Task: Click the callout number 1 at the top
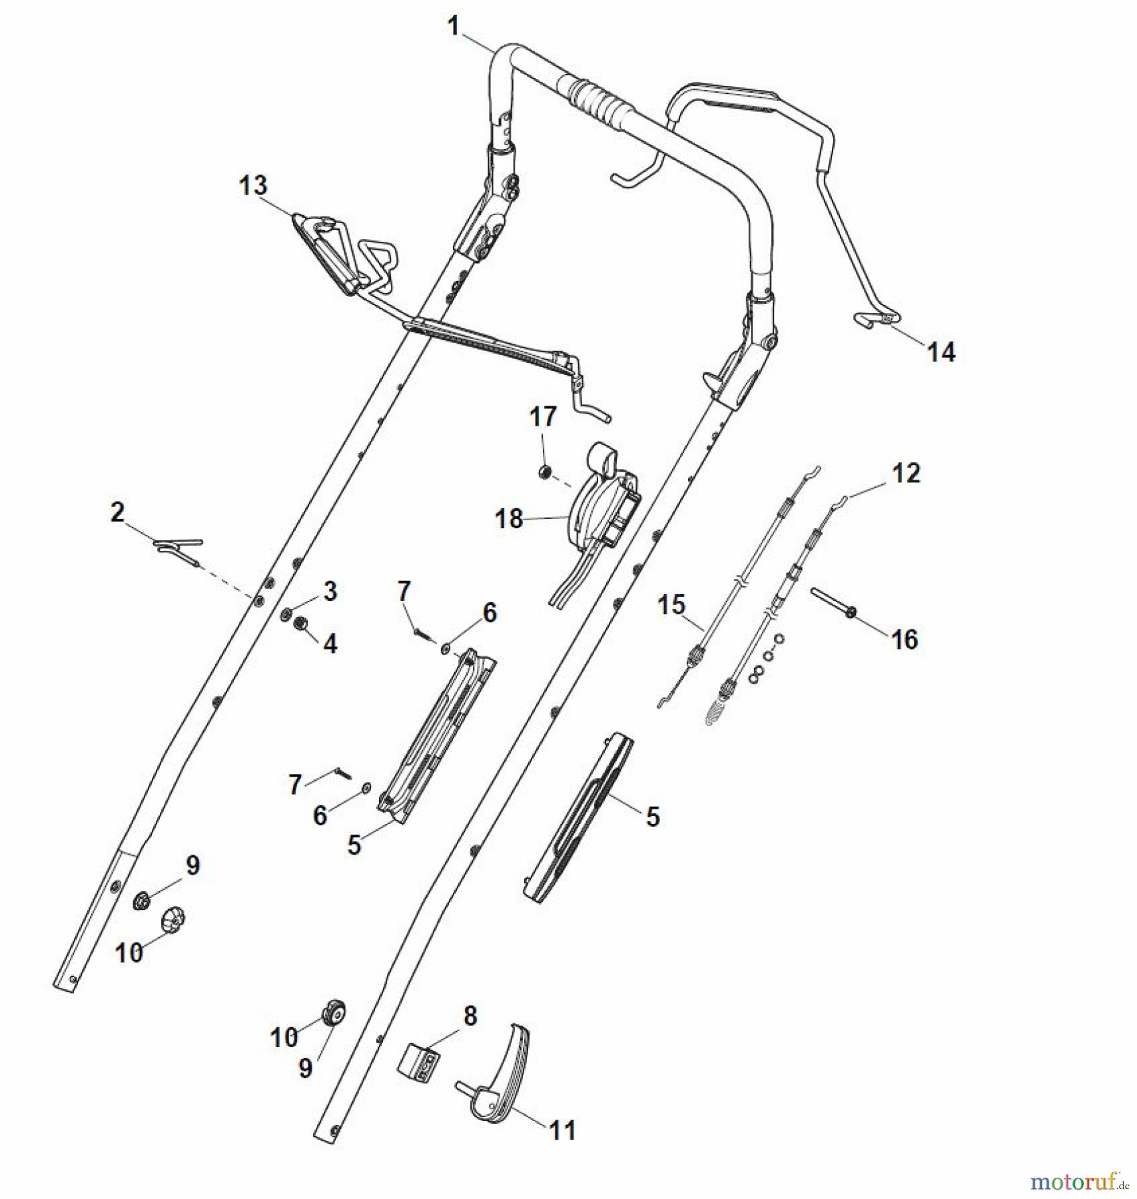pyautogui.click(x=454, y=27)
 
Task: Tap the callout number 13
pyautogui.click(x=253, y=186)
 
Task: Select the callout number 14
pyautogui.click(x=941, y=352)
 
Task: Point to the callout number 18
pyautogui.click(x=510, y=519)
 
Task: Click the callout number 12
pyautogui.click(x=906, y=473)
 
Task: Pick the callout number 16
pyautogui.click(x=905, y=639)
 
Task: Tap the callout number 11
pyautogui.click(x=562, y=1130)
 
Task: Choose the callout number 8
pyautogui.click(x=470, y=1016)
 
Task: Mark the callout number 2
pyautogui.click(x=117, y=512)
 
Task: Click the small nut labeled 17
pyautogui.click(x=545, y=472)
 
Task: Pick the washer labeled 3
pyautogui.click(x=286, y=612)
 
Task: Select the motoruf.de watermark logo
pyautogui.click(x=1078, y=1183)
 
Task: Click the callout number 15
pyautogui.click(x=671, y=605)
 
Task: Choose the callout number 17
pyautogui.click(x=543, y=417)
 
